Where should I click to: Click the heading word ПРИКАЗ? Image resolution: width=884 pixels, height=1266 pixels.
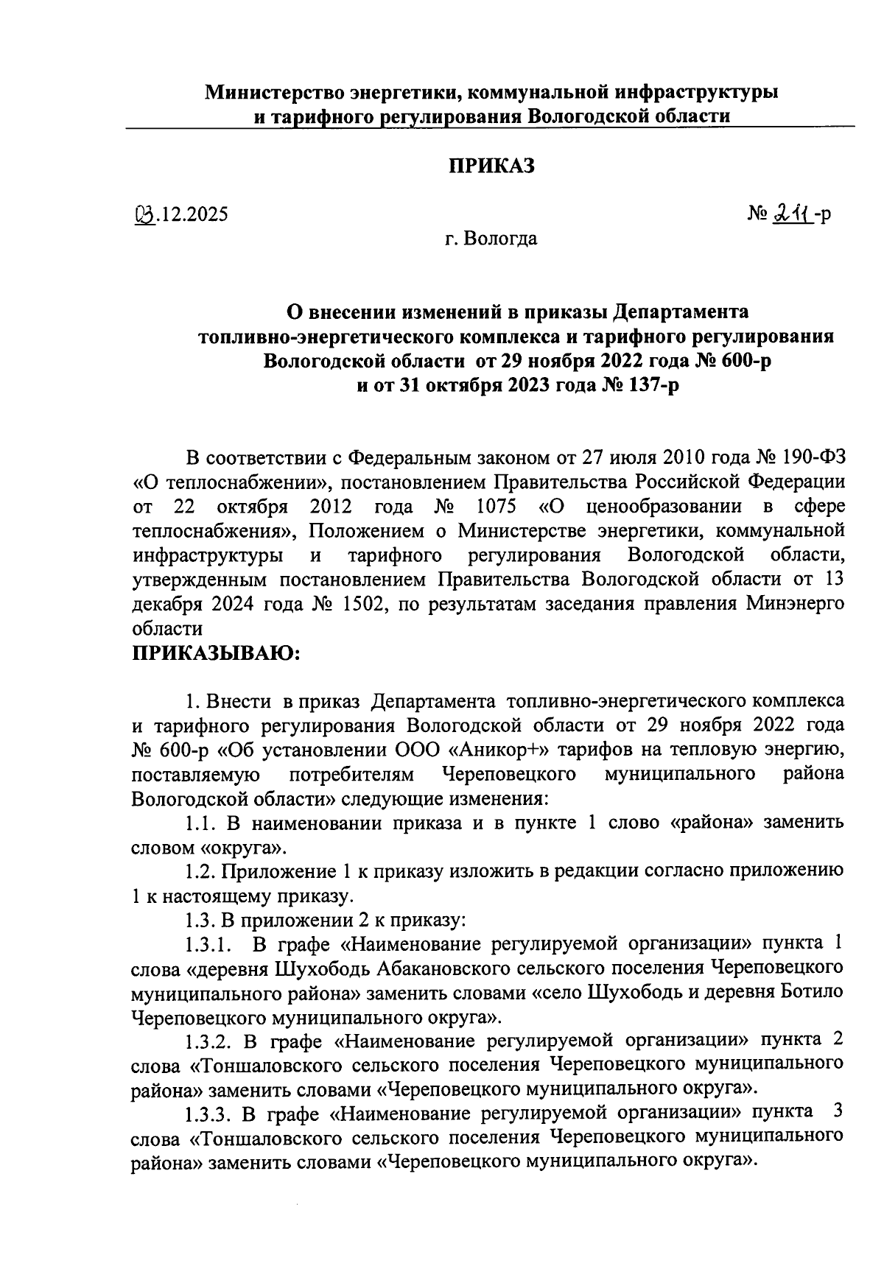(x=492, y=166)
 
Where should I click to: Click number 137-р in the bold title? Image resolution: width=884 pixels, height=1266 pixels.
(x=638, y=385)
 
